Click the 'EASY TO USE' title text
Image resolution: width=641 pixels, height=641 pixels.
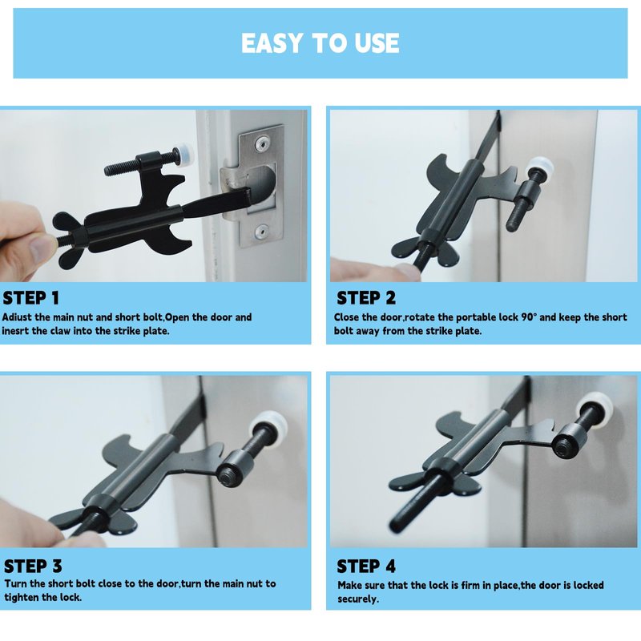coord(320,43)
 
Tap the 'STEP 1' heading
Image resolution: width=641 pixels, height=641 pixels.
coord(31,298)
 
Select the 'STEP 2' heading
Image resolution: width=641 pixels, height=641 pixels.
coord(366,298)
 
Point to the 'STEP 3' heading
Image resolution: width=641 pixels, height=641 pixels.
coord(33,566)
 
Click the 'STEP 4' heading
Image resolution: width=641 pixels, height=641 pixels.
coord(366,566)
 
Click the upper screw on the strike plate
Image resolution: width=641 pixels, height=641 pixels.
coord(260,143)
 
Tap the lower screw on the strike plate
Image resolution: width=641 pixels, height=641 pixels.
coord(261,232)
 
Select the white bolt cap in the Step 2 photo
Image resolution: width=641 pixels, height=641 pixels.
coord(539,167)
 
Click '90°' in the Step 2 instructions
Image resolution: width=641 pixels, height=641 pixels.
coord(529,317)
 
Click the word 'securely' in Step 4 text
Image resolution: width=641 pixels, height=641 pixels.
coord(357,599)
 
